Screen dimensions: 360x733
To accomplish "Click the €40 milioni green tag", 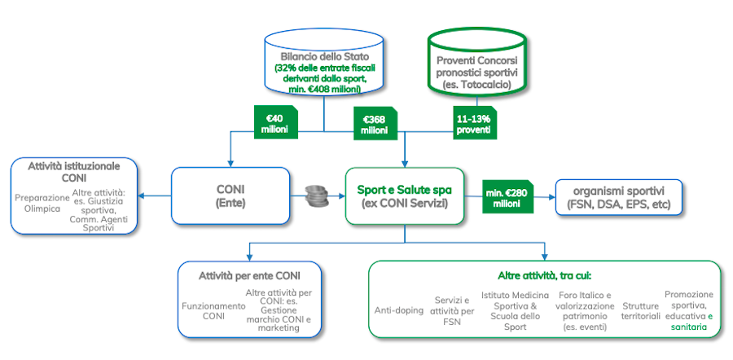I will tap(275, 121).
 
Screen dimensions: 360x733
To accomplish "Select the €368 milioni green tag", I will tap(374, 123).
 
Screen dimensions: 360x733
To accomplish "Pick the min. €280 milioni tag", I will tap(507, 195).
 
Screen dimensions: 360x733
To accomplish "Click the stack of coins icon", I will tap(317, 196).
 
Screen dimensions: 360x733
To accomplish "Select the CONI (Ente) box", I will tap(230, 195).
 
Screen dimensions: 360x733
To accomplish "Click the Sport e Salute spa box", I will tap(405, 195).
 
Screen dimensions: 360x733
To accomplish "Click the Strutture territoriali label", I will tap(640, 310).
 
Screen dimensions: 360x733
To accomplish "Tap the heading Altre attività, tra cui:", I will tap(544, 276).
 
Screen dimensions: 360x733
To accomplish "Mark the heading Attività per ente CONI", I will tap(249, 275).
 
